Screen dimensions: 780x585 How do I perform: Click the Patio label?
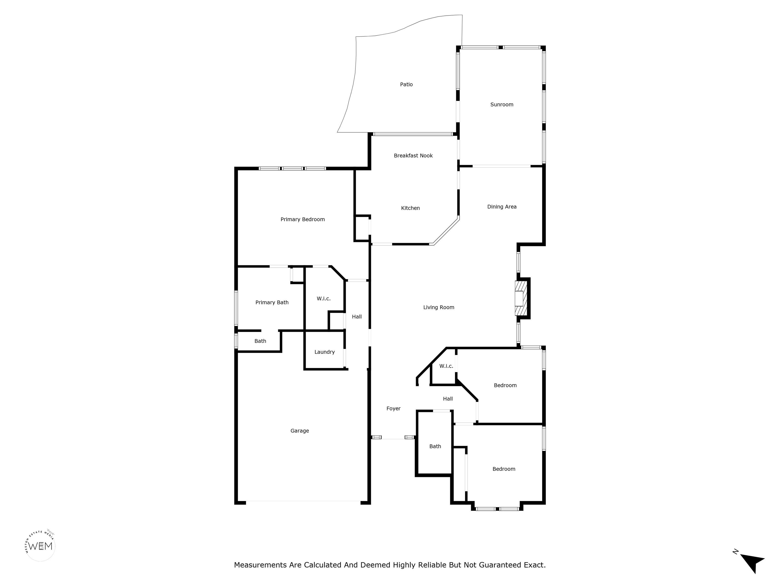406,84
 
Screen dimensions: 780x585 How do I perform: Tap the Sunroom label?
502,104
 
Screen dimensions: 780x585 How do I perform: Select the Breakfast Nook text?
413,155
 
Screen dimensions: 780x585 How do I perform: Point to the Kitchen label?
411,208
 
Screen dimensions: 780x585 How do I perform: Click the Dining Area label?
502,207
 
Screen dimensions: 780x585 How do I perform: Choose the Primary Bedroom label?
303,219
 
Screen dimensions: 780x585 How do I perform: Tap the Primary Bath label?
272,302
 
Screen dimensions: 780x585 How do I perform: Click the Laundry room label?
324,352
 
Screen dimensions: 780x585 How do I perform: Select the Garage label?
300,431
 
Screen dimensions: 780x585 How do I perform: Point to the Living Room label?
439,307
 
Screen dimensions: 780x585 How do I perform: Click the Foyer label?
394,408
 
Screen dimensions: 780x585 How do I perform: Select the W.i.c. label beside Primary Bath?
323,299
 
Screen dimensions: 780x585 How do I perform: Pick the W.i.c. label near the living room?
446,366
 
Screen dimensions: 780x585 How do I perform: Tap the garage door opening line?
303,501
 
